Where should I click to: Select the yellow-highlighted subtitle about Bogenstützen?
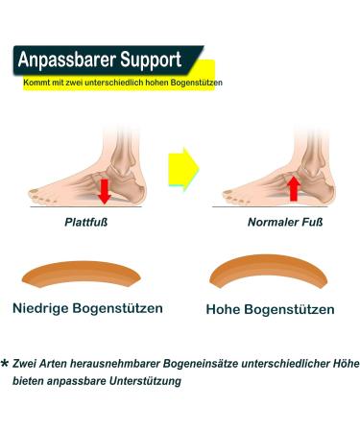pos(123,84)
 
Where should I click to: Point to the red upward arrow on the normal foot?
pos(294,186)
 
